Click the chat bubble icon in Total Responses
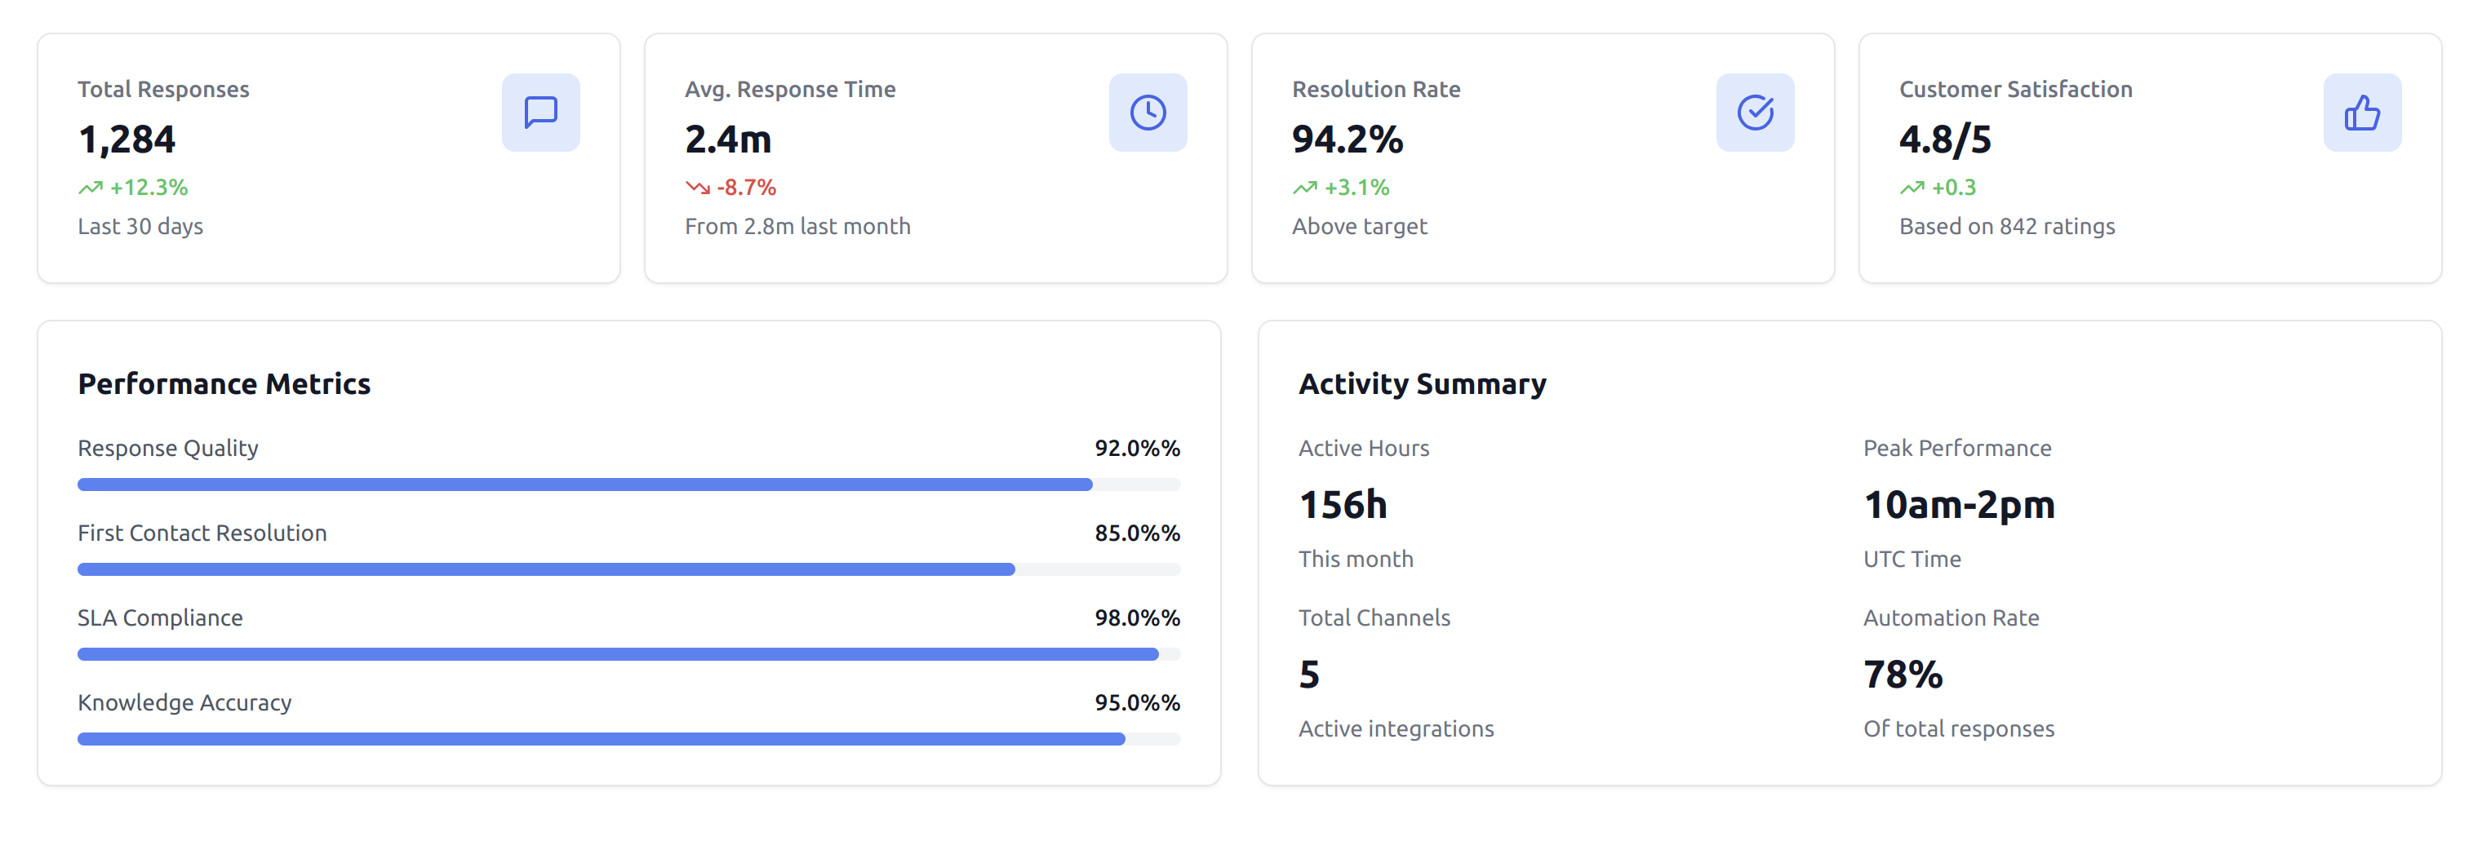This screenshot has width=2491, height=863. tap(540, 112)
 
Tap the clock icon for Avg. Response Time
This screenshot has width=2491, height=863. tap(1148, 112)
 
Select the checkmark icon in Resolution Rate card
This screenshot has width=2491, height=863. tap(1755, 112)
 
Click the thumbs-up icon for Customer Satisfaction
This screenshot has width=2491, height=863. tap(2361, 112)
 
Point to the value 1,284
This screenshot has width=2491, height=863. tap(127, 140)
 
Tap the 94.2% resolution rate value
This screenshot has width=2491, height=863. tap(1347, 140)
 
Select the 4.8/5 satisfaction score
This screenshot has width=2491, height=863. tap(1945, 140)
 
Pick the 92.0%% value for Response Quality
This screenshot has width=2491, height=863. tap(1136, 449)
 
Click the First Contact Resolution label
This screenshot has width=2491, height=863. tap(202, 533)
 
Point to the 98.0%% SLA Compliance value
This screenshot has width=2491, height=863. tap(1136, 618)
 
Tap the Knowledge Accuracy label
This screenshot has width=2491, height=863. tap(184, 702)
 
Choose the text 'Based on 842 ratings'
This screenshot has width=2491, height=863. tap(2006, 226)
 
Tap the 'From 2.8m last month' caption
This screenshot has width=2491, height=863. tap(797, 226)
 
